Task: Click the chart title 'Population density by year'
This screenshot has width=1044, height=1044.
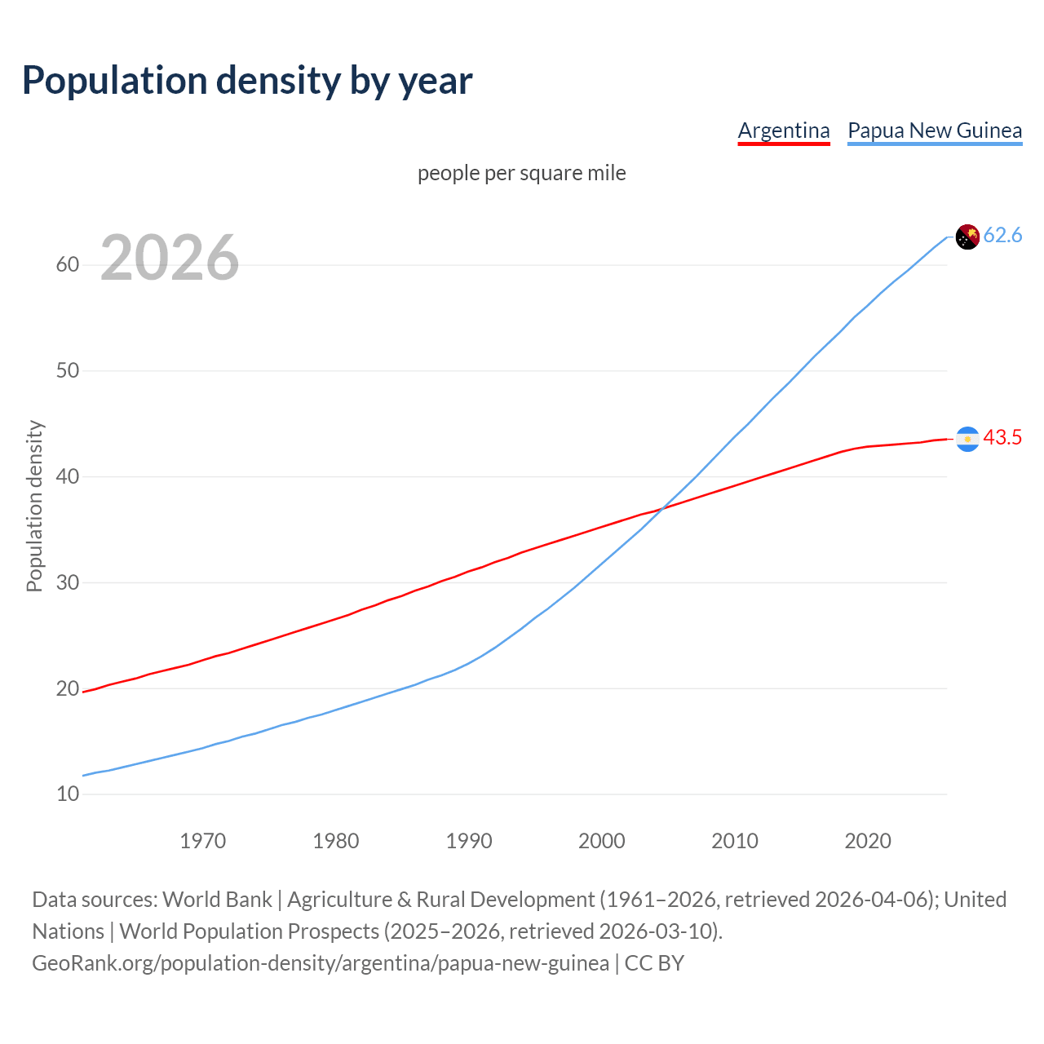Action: (247, 81)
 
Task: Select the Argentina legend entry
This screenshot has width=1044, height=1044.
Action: (783, 130)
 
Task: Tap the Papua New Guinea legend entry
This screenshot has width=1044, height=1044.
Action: (935, 130)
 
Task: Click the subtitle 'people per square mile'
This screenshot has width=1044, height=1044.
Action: (521, 173)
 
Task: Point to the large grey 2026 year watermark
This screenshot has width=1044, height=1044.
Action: (170, 258)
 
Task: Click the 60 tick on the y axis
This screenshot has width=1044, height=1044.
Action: (68, 264)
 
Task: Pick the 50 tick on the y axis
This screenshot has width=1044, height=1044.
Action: (68, 370)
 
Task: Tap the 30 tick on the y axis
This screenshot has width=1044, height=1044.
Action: (68, 582)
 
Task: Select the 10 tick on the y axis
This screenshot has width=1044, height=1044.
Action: (68, 794)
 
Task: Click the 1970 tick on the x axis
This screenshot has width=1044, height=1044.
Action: (202, 841)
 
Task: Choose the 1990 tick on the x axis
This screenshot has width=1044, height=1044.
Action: (468, 841)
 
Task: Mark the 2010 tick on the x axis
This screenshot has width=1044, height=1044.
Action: (734, 841)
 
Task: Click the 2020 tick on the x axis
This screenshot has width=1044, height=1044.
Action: (867, 841)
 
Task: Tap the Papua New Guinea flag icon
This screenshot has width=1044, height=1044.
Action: (967, 237)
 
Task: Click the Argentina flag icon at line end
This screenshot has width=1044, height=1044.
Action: (967, 439)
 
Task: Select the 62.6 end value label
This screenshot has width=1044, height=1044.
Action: (1002, 236)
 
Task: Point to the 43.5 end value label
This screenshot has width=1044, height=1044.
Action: (1002, 438)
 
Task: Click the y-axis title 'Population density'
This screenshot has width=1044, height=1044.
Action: (34, 506)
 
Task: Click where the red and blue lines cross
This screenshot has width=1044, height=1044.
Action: (660, 509)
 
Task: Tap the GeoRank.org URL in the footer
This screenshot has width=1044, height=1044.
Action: (320, 963)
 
